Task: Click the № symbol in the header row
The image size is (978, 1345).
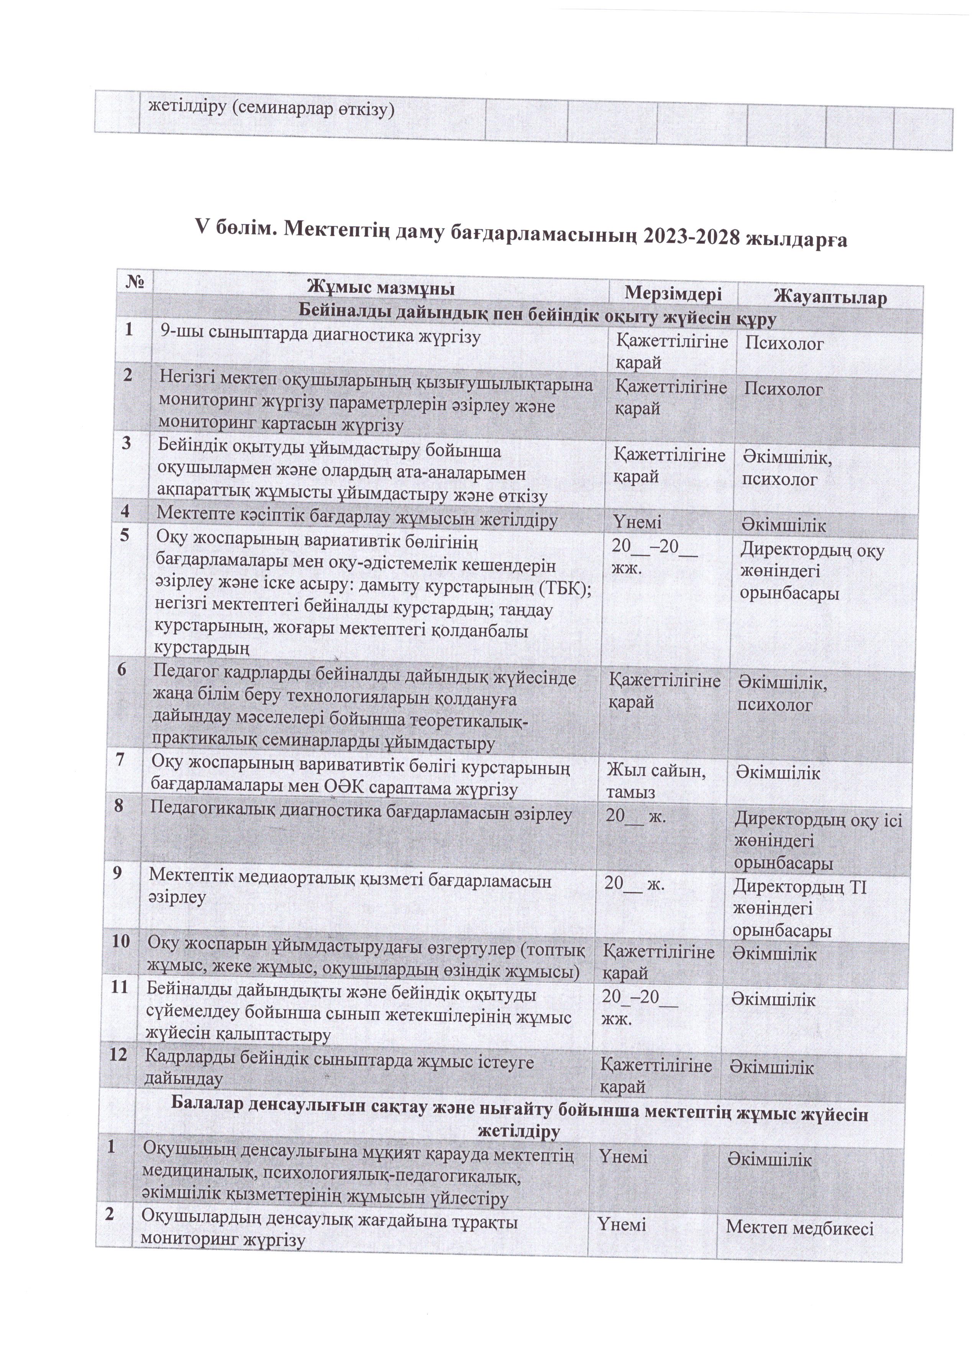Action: pyautogui.click(x=136, y=283)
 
